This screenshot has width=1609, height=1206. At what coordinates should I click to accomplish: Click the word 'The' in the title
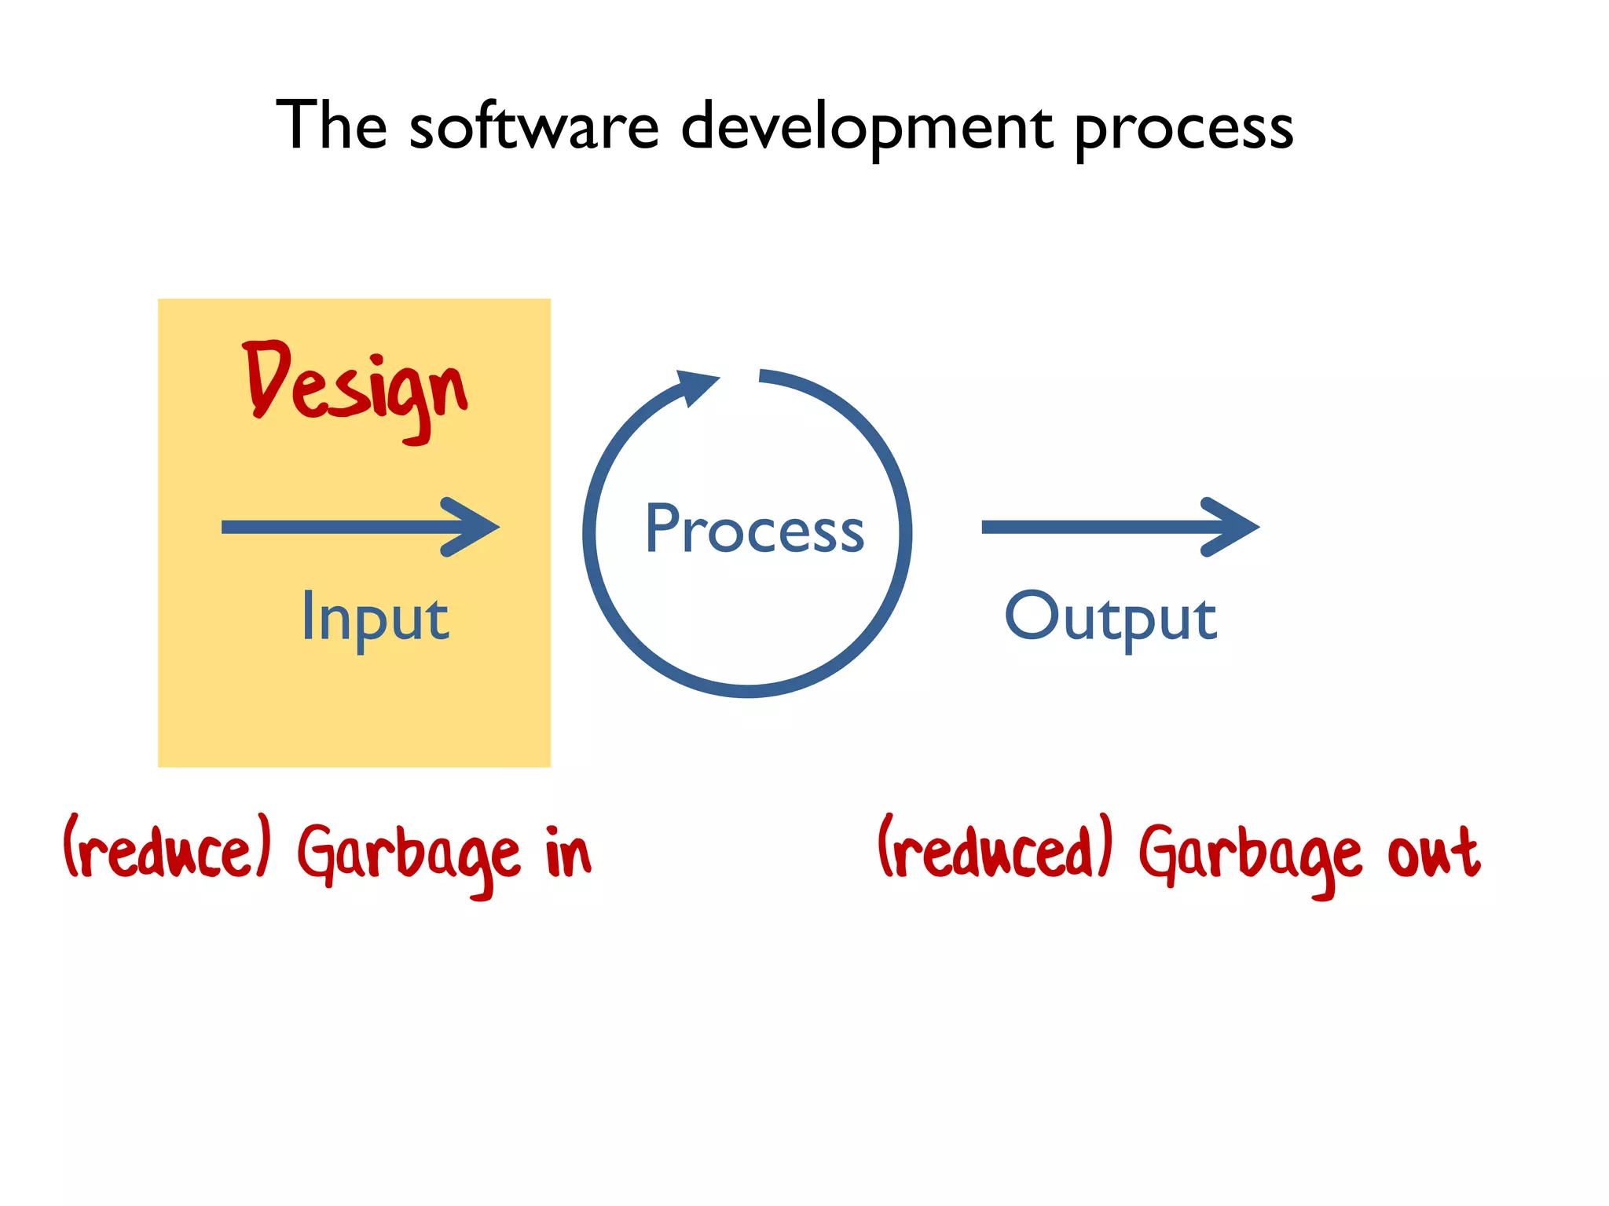[332, 126]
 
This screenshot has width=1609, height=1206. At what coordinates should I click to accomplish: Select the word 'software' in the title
[534, 127]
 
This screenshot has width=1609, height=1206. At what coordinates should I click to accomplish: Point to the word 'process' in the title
[1183, 129]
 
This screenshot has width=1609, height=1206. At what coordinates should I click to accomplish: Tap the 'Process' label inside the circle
[754, 529]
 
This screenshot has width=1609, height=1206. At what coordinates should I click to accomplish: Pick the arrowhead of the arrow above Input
[471, 527]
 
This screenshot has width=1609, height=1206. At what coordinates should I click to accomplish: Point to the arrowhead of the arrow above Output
[1232, 527]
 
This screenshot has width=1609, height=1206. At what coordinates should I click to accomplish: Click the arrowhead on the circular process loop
[695, 386]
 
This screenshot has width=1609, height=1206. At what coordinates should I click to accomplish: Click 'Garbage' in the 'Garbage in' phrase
[409, 854]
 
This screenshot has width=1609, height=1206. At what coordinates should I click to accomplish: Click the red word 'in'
[567, 852]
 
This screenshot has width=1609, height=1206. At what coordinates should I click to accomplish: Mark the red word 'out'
[1434, 853]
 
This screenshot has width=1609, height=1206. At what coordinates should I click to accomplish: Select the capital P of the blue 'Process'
[662, 528]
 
